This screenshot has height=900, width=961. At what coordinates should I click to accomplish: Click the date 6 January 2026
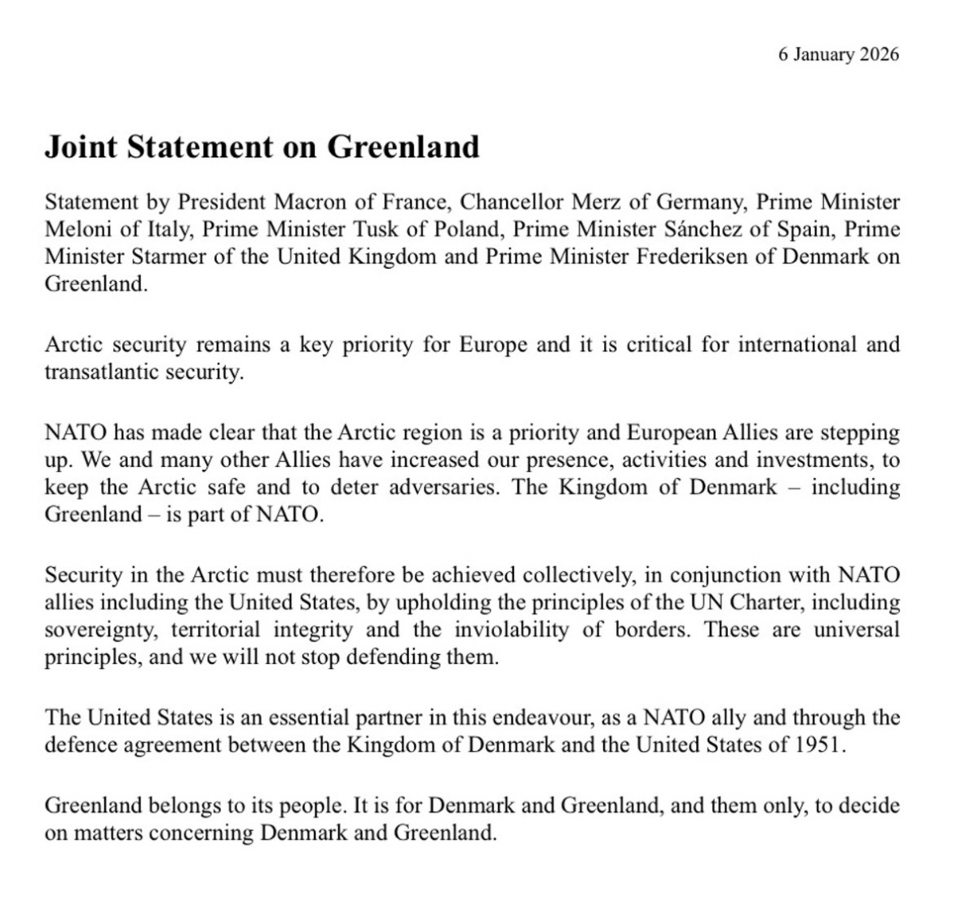(x=839, y=55)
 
